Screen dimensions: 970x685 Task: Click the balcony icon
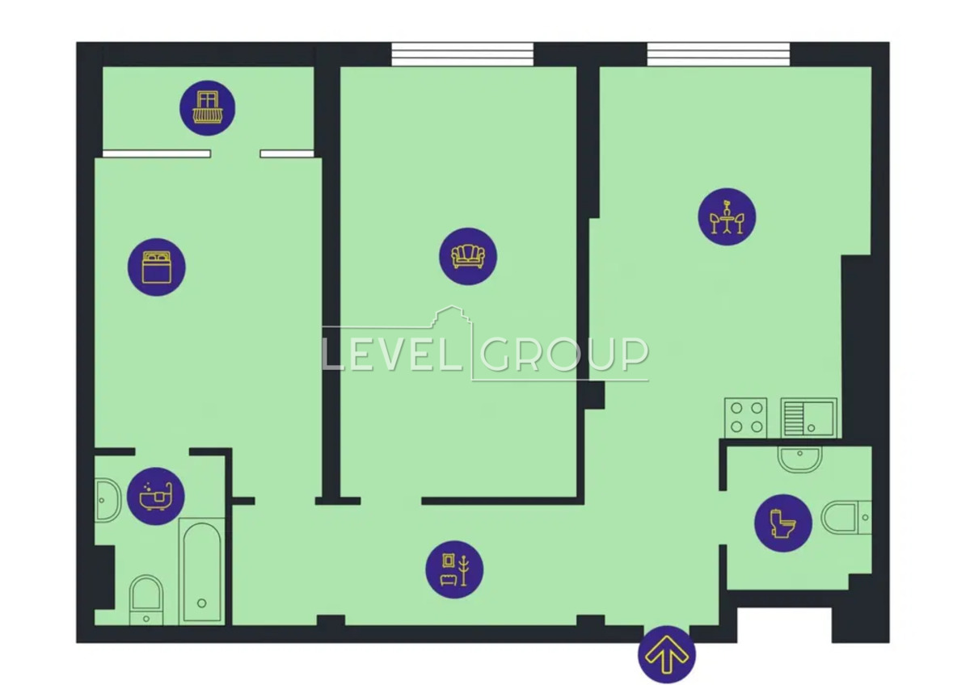click(x=208, y=107)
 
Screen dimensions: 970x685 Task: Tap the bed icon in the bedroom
click(x=156, y=267)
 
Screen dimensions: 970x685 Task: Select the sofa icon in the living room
click(x=468, y=257)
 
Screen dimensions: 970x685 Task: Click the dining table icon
click(x=727, y=216)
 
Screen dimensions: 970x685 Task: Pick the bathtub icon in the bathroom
click(x=156, y=496)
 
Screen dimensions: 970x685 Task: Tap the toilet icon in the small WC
click(x=783, y=523)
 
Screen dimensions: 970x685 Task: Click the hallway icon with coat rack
click(x=454, y=569)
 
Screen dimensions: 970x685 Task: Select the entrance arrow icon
click(x=667, y=655)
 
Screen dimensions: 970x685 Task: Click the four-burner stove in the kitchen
click(x=745, y=418)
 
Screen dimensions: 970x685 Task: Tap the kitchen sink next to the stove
click(x=809, y=418)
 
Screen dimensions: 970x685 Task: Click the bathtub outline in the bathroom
click(x=202, y=571)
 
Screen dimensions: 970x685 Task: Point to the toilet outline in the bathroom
click(x=146, y=599)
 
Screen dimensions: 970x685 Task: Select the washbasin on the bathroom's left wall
click(x=108, y=500)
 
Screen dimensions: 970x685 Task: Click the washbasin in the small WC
click(x=799, y=460)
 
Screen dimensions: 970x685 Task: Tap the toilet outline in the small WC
click(x=846, y=518)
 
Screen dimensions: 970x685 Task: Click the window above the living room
click(x=462, y=54)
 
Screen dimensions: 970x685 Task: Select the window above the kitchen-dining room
click(x=719, y=54)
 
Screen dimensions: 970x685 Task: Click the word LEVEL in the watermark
click(x=392, y=355)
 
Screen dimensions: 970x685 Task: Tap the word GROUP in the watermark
click(x=564, y=355)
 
